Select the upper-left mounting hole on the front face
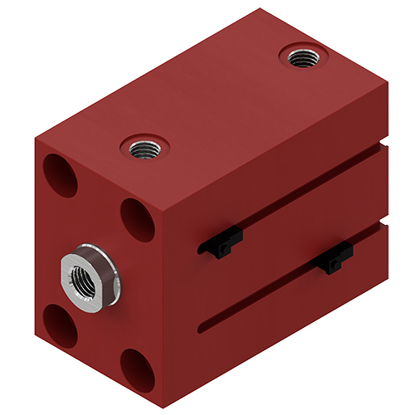click(61, 173)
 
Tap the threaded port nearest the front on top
click(145, 149)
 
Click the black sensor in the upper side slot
click(221, 244)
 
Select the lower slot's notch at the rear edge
click(384, 224)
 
